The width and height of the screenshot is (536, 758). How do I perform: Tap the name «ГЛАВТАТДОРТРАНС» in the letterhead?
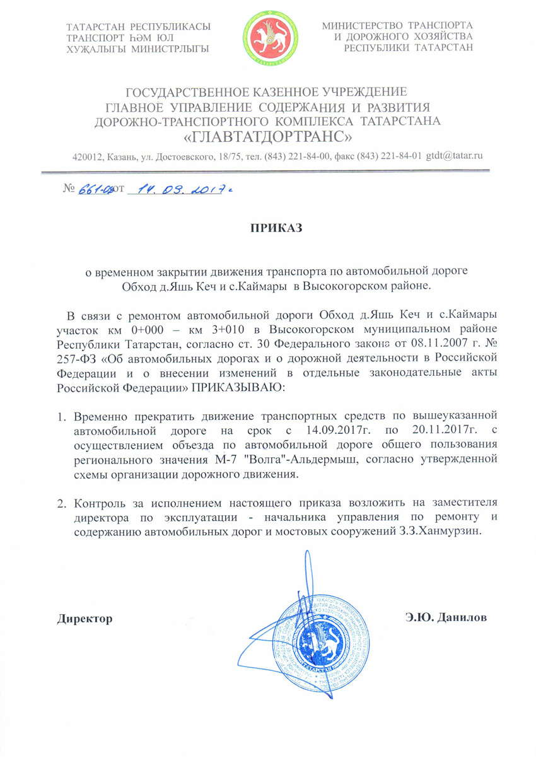coord(267,136)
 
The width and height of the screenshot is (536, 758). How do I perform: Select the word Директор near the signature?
coord(85,617)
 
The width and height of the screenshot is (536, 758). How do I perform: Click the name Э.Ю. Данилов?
coord(446,617)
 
